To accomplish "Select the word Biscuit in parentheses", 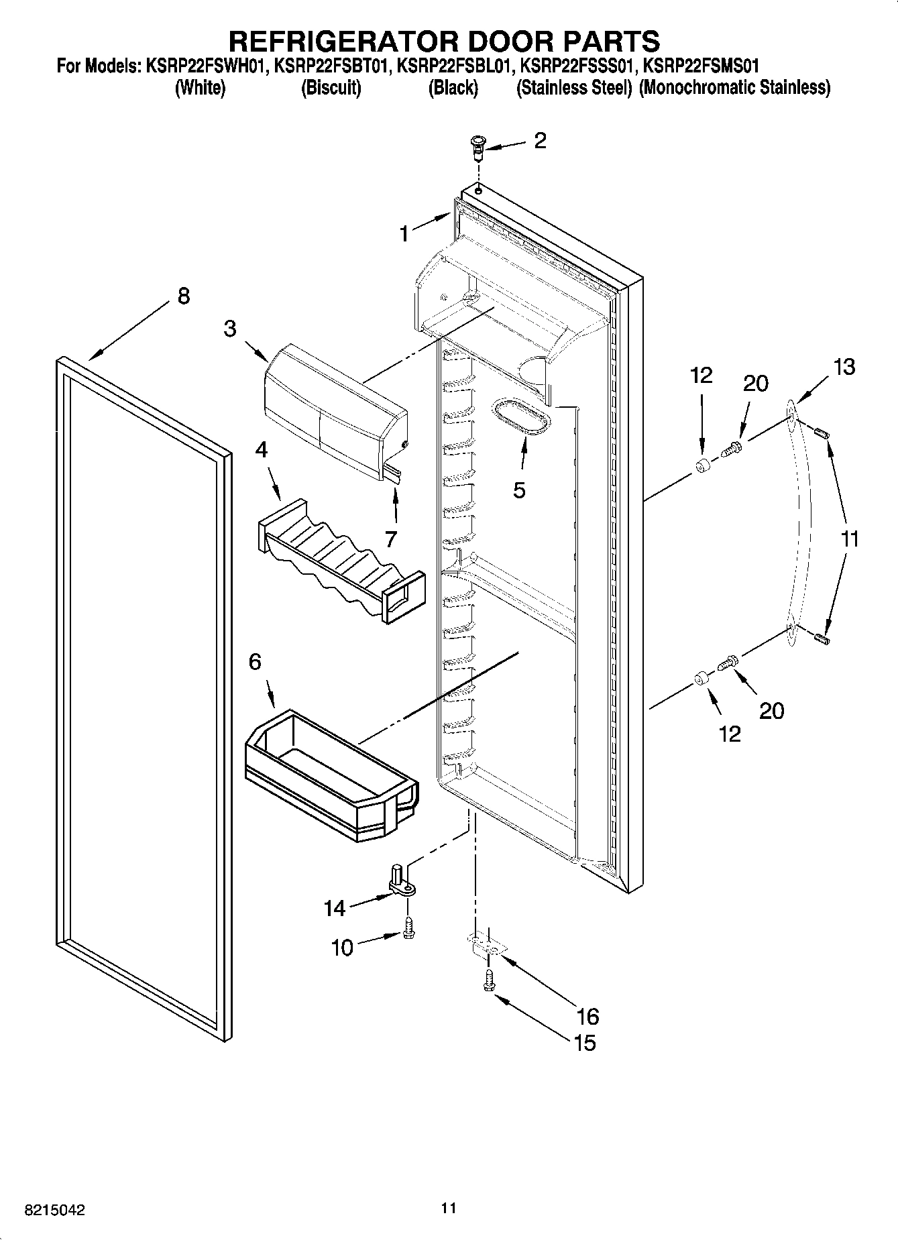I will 331,88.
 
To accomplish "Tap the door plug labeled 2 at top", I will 477,146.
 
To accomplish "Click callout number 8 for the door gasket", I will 183,296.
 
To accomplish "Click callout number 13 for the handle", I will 844,367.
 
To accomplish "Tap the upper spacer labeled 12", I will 701,466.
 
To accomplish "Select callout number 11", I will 850,539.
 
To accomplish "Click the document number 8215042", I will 55,1210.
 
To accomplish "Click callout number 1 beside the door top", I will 404,234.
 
